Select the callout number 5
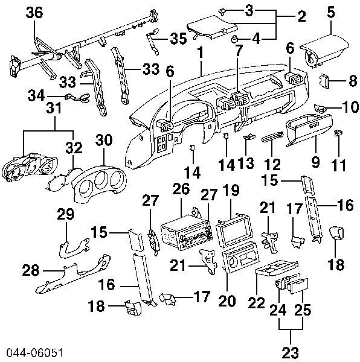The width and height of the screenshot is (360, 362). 330,10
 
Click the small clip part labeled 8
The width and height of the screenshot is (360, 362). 324,80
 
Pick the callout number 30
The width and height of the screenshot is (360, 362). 104,141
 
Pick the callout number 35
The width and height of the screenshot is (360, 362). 178,39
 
